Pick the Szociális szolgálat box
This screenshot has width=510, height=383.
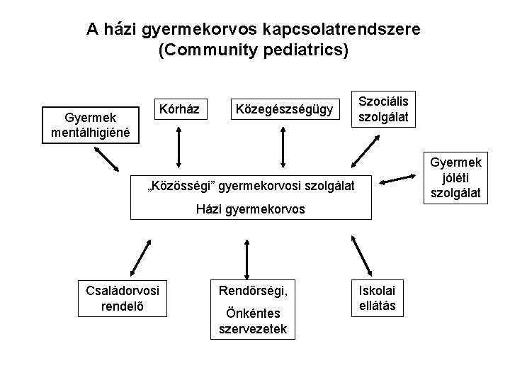tap(387, 109)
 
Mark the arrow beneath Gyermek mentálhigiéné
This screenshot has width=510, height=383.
tap(105, 161)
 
